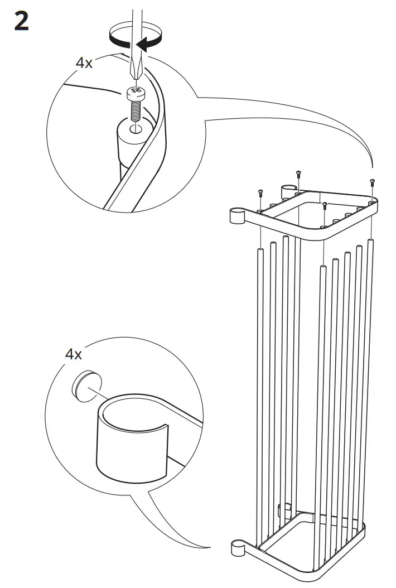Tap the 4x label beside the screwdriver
coord(84,62)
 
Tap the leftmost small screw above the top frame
coord(260,192)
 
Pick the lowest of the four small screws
coord(324,205)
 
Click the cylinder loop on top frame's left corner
coord(237,216)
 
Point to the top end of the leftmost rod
coord(260,251)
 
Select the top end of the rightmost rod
coord(370,241)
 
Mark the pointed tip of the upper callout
coord(373,167)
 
